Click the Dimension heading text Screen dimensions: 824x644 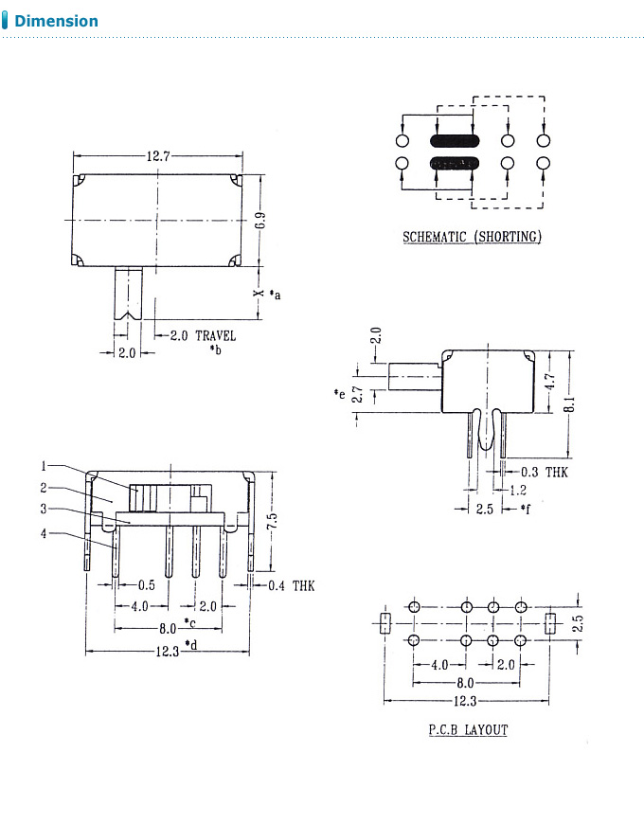coord(56,21)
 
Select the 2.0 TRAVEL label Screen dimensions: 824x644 coord(203,336)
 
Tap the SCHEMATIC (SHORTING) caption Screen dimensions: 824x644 coord(472,237)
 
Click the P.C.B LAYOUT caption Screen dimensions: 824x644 coord(467,729)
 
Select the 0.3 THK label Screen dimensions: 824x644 coord(544,472)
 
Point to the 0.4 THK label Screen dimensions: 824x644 coord(291,586)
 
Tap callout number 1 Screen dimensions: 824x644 coord(44,466)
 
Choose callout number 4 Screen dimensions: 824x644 coord(44,534)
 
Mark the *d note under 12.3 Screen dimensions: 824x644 coord(190,645)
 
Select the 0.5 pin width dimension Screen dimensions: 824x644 coord(147,586)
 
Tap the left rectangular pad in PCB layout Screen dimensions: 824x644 coord(385,623)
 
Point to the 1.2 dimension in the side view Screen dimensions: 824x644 coord(518,491)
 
